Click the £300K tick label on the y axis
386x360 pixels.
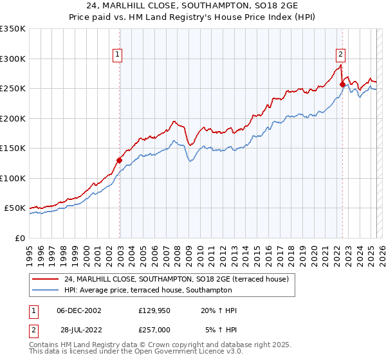(x=12, y=59)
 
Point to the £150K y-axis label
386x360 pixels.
(x=12, y=148)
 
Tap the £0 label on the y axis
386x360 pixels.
(x=20, y=239)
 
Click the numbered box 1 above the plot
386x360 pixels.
(x=118, y=56)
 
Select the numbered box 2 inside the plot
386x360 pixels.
(x=340, y=55)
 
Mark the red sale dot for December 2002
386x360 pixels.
(x=119, y=160)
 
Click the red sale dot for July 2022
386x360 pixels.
(x=342, y=84)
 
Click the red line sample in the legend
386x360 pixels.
(x=44, y=279)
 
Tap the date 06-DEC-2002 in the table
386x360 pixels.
(x=79, y=310)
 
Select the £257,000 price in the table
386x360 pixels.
(x=156, y=330)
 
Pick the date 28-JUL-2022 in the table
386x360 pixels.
(x=79, y=330)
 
